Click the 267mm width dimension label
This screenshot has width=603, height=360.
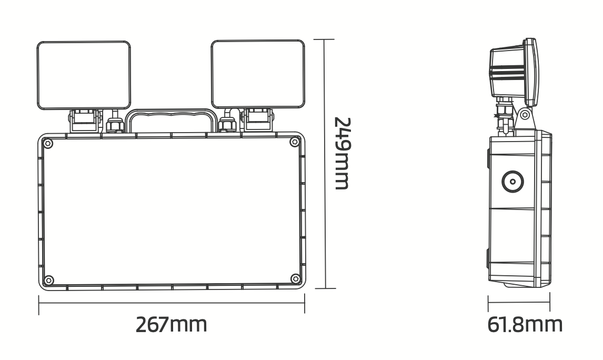tap(171, 325)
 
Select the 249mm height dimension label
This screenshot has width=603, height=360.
tap(342, 153)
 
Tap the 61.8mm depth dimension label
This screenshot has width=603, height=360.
tap(525, 324)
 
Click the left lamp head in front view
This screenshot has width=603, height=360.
tap(84, 75)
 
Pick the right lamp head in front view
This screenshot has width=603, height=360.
tap(258, 75)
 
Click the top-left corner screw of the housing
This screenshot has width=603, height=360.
tap(48, 143)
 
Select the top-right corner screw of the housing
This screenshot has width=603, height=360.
tap(295, 143)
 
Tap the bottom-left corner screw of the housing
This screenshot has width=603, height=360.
tap(48, 279)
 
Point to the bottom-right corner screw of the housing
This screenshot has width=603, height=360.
tap(295, 279)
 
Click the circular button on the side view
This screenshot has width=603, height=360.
tap(512, 183)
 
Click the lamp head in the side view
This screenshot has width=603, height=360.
tap(513, 71)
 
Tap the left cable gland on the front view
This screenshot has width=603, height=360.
tap(115, 124)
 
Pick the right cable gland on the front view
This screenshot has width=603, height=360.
tap(227, 124)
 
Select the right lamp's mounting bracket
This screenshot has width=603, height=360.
tap(257, 119)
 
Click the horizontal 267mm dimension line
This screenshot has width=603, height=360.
tap(171, 304)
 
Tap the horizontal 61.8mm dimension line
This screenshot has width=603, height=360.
tap(519, 303)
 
